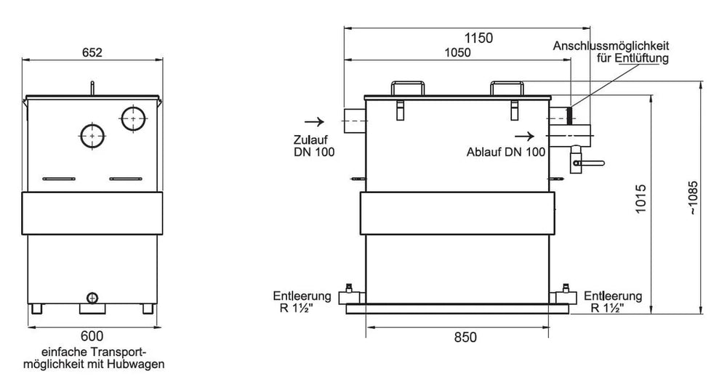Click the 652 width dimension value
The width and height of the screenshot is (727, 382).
click(92, 52)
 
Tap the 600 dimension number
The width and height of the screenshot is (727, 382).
click(92, 336)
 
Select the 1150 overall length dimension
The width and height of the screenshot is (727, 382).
click(479, 38)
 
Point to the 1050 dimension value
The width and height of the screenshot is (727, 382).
click(457, 53)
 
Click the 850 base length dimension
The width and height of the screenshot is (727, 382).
click(465, 338)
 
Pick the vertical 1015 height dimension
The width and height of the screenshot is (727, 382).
click(640, 199)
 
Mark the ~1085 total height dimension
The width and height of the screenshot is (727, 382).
click(692, 198)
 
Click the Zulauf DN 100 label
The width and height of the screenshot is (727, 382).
click(314, 146)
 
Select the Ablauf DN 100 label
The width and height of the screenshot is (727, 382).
click(506, 152)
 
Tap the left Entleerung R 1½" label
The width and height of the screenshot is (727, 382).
click(302, 302)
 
